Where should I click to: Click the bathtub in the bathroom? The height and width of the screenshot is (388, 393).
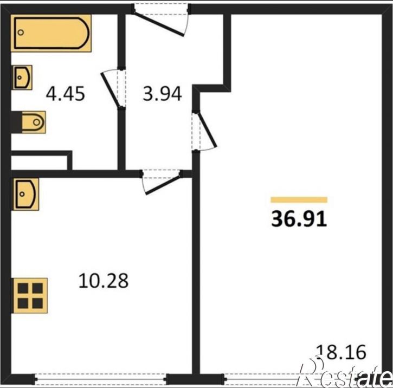pyautogui.click(x=51, y=33)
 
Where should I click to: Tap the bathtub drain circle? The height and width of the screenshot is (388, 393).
pyautogui.click(x=21, y=33)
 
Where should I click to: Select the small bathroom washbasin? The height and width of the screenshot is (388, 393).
pyautogui.click(x=22, y=77)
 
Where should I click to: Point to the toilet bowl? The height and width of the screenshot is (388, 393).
pyautogui.click(x=34, y=122)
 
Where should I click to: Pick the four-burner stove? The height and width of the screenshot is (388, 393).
pyautogui.click(x=30, y=295)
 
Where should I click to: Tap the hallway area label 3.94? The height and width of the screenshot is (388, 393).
pyautogui.click(x=162, y=94)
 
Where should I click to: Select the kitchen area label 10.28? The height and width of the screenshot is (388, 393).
pyautogui.click(x=104, y=281)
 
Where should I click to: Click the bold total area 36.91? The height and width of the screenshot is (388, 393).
pyautogui.click(x=299, y=219)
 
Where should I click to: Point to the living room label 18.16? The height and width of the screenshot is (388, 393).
pyautogui.click(x=341, y=352)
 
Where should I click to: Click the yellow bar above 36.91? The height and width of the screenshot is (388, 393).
pyautogui.click(x=299, y=199)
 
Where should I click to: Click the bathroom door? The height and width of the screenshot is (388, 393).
pyautogui.click(x=113, y=89)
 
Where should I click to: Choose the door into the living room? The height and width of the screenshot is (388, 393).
pyautogui.click(x=204, y=131)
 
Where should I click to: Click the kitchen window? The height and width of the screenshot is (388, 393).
pyautogui.click(x=100, y=379)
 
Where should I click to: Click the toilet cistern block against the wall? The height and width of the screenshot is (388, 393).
pyautogui.click(x=16, y=122)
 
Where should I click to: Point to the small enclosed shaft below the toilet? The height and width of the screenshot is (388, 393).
pyautogui.click(x=39, y=163)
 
